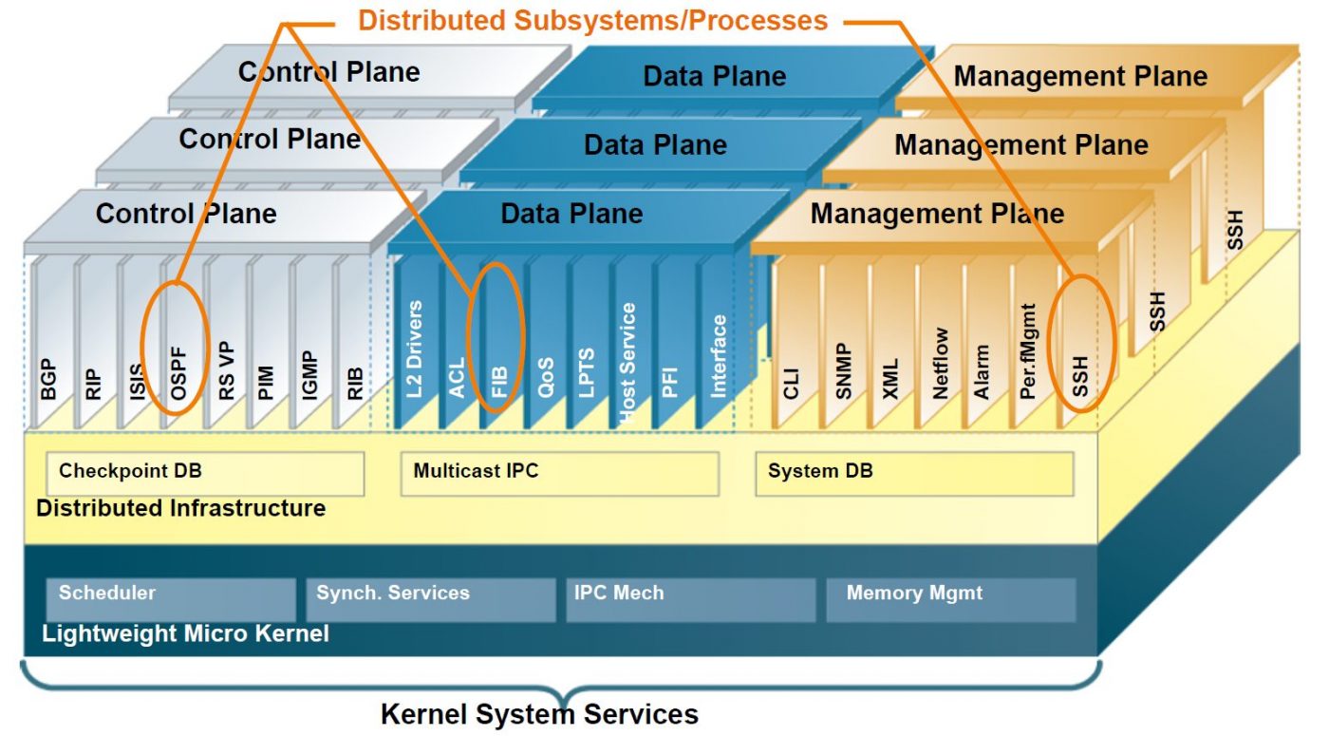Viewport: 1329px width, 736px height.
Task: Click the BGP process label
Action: [48, 379]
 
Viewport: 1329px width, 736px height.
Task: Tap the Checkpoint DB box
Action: [205, 473]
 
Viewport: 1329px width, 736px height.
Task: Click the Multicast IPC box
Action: [559, 473]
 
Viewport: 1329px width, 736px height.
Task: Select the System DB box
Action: [913, 473]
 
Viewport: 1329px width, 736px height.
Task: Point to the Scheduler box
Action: [171, 599]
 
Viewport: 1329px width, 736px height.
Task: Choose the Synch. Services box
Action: [429, 599]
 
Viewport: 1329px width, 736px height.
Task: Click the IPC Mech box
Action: [690, 599]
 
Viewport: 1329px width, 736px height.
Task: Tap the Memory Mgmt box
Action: [950, 599]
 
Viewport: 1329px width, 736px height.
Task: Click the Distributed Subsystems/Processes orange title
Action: [592, 20]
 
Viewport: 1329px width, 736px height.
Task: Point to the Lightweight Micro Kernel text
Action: [185, 633]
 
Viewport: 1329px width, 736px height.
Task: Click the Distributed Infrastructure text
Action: [180, 508]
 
